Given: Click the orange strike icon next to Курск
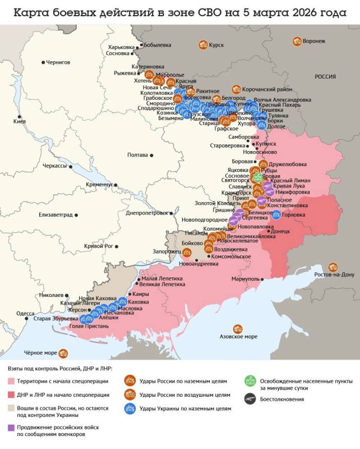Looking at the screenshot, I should (x=201, y=45).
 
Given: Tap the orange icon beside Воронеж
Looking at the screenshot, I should (x=297, y=41).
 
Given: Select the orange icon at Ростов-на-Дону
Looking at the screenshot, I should (x=334, y=267).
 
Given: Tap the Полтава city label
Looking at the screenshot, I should (x=137, y=154).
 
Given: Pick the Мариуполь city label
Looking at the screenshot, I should (x=244, y=278).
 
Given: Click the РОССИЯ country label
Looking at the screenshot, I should (x=325, y=76).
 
